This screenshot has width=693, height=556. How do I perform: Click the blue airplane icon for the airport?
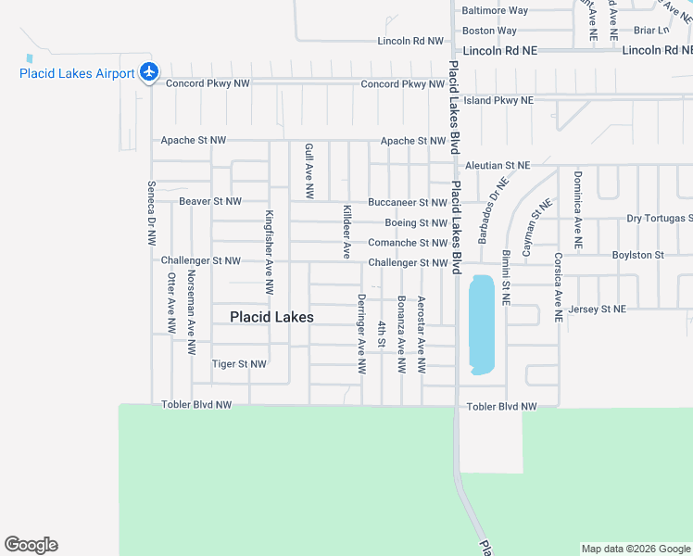click(149, 71)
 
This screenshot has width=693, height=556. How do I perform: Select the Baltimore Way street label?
click(495, 11)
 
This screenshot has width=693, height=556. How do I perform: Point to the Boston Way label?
click(489, 31)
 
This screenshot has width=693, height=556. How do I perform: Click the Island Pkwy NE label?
click(498, 100)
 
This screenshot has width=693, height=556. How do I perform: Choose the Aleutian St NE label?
click(498, 165)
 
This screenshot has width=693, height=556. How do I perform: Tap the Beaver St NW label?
click(210, 201)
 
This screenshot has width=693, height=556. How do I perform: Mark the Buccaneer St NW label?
click(408, 202)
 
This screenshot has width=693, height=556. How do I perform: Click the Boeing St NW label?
click(416, 223)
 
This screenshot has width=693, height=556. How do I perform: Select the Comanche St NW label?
click(408, 243)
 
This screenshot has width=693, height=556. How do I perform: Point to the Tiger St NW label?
click(239, 364)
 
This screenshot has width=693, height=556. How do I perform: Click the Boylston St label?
click(638, 255)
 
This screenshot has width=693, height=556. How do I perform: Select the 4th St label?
click(382, 335)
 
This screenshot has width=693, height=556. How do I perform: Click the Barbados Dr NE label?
click(494, 212)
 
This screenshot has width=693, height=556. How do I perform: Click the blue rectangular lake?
click(481, 324)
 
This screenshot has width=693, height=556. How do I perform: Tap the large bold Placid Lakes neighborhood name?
click(271, 317)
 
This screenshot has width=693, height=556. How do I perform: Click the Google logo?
click(31, 545)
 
